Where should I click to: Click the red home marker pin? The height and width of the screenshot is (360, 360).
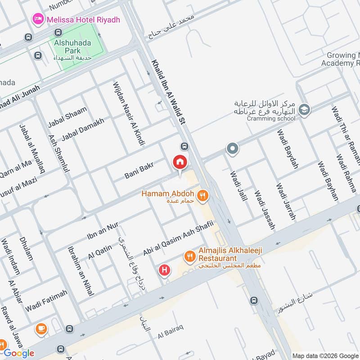180,162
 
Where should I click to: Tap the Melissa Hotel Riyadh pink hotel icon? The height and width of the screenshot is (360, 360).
37,19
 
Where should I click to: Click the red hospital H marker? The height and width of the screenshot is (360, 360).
165,270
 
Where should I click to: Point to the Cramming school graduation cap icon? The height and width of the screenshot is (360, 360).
305,110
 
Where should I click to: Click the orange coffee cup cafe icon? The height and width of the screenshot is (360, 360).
40,329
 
